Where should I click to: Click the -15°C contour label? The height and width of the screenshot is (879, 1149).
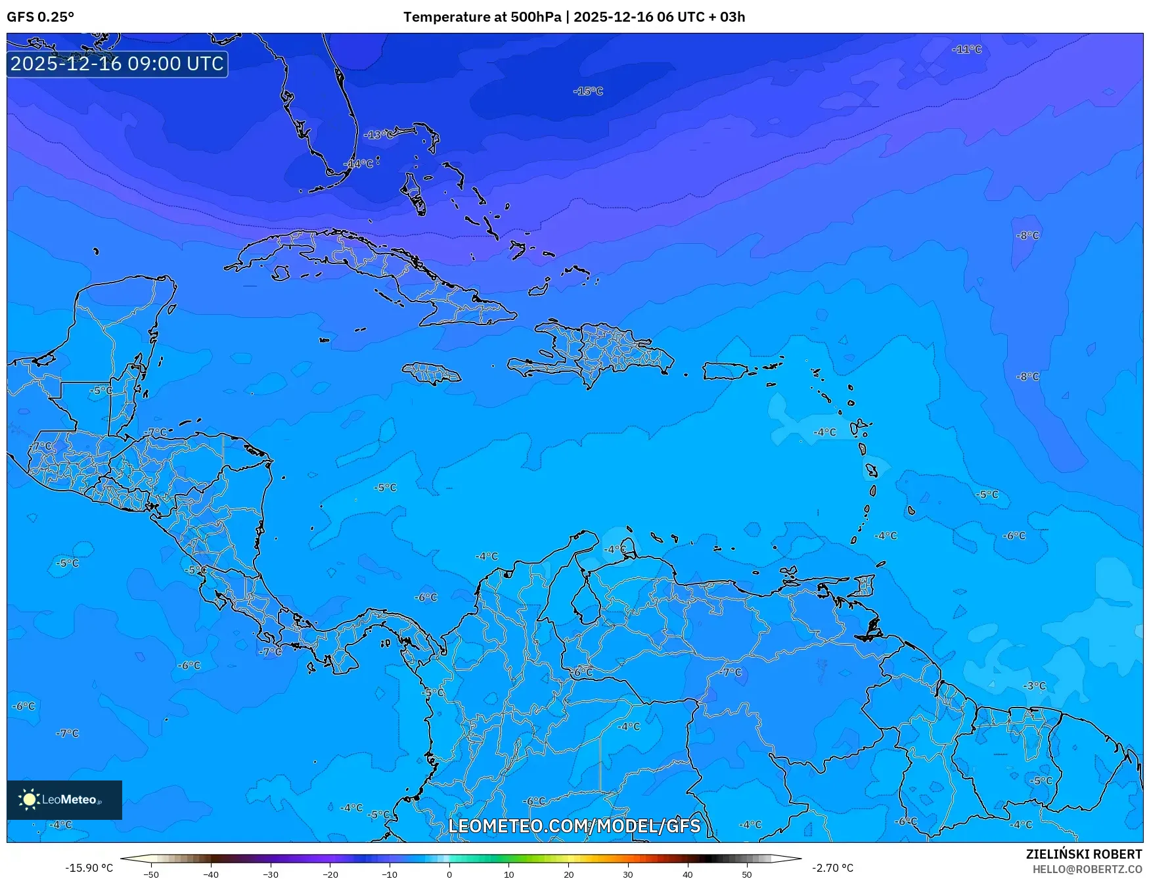pos(588,91)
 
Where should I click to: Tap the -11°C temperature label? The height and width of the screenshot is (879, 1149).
pos(966,49)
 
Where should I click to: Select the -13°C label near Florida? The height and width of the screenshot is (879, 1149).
pos(380,135)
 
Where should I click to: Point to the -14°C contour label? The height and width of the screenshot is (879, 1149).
pos(359,164)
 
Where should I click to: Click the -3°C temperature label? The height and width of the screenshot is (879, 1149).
pos(1034,686)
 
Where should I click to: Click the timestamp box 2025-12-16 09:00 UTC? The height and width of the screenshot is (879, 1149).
pos(117,64)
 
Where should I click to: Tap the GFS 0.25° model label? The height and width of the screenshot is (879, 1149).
pos(41,17)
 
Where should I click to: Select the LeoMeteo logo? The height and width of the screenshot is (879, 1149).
pos(64,800)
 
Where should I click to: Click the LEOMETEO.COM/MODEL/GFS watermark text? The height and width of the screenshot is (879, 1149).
pos(574,826)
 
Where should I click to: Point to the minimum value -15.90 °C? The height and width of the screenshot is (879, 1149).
pos(89,868)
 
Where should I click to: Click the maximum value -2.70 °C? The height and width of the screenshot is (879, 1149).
pos(832,868)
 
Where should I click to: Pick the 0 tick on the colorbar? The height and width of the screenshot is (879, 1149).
pos(449,874)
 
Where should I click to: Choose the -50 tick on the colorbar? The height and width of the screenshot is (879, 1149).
pos(151,874)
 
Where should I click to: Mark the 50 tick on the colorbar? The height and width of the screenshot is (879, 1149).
pos(747,874)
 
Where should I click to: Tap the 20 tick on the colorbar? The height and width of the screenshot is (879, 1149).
pos(568,874)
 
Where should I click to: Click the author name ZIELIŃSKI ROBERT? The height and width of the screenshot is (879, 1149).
pos(1084,854)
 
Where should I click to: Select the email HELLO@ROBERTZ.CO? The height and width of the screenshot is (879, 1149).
pos(1087,869)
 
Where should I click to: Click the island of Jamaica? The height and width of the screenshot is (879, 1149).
pos(432,373)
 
